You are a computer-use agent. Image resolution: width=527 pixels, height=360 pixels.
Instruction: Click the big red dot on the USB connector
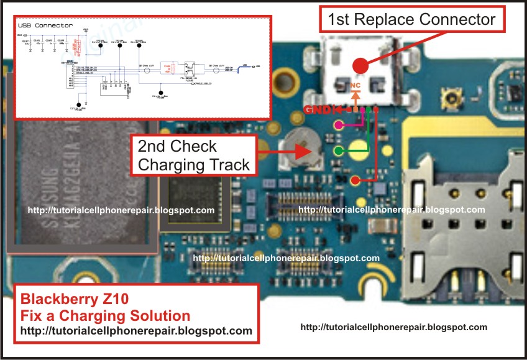click(x=359, y=65)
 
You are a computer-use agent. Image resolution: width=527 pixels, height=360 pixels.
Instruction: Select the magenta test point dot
click(x=339, y=125)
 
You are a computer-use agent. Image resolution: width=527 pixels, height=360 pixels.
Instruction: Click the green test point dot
click(x=339, y=150)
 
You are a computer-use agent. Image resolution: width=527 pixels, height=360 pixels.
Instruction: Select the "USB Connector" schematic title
click(x=45, y=25)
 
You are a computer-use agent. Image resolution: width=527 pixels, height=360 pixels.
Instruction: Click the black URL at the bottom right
click(x=393, y=326)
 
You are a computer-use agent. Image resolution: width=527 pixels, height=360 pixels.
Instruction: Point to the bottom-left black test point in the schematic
click(x=79, y=105)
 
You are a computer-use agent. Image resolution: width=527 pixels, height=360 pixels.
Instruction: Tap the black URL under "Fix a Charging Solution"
click(x=137, y=331)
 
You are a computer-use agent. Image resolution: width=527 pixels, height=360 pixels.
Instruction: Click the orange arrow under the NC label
click(x=355, y=96)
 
